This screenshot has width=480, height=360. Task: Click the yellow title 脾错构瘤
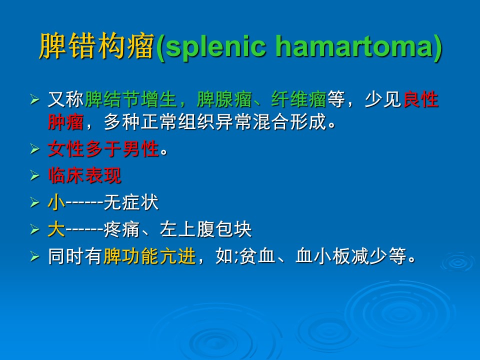point(96,46)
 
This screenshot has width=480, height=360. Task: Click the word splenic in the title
point(215,47)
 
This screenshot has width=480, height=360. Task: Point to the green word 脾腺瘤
point(224,99)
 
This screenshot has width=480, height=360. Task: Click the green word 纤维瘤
point(299,99)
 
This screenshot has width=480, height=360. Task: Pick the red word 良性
point(421,99)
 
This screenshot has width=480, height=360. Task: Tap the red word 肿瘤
point(66,122)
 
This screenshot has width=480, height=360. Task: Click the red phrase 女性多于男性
point(103,149)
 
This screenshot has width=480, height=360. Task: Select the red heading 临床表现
point(84,175)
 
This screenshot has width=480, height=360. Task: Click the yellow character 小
point(56,202)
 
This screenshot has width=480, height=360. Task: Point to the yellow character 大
point(56,229)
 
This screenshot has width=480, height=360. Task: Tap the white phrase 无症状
point(131,202)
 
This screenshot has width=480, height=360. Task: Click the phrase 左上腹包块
point(205,229)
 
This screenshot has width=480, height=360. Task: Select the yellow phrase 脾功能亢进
point(149,256)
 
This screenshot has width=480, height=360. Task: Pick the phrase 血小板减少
point(341,256)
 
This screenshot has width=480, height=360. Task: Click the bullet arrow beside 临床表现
point(35,175)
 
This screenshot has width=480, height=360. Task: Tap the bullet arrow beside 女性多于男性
point(35,149)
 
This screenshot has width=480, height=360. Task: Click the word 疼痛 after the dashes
point(121,229)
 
